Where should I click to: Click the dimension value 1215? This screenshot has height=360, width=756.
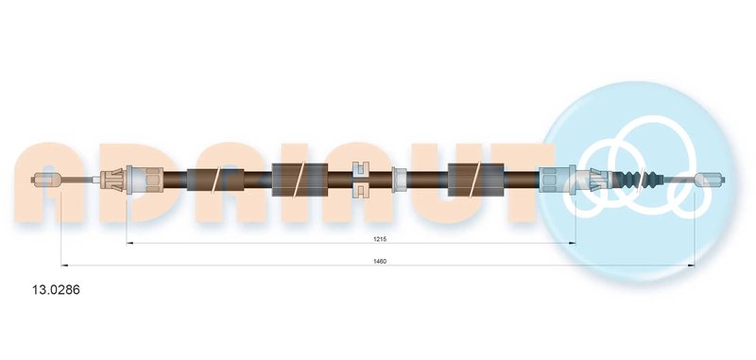coord(380,239)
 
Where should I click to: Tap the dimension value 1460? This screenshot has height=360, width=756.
coord(380,261)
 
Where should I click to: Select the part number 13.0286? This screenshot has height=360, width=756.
coord(49,290)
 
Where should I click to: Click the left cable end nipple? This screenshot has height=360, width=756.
coord(46,180)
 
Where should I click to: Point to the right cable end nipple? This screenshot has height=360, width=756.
coord(710,180)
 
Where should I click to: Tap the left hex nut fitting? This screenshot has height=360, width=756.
coord(153,180)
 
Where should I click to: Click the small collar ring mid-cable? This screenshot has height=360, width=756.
coord(399,180)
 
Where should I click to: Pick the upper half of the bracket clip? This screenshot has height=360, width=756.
coord(361,170)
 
